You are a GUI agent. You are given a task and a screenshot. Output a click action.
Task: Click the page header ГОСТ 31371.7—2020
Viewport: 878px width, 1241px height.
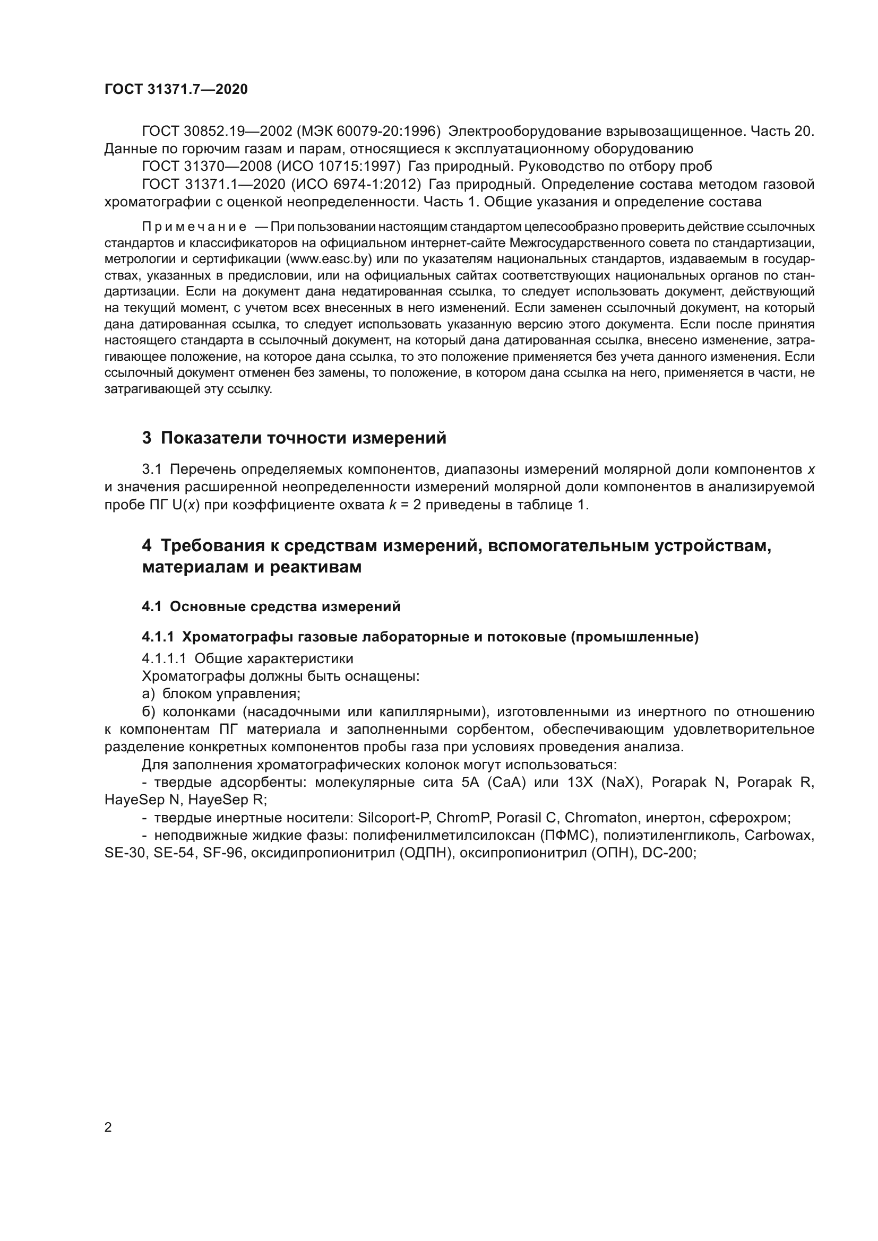click(176, 90)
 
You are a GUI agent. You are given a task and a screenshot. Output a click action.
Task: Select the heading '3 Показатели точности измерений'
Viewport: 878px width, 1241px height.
click(294, 438)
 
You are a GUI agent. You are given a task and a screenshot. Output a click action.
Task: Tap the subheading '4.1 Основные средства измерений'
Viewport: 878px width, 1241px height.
click(271, 606)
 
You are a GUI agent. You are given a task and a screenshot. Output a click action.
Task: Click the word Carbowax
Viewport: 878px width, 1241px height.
click(779, 835)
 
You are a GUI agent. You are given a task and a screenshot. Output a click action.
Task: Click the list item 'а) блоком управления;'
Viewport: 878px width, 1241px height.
click(221, 693)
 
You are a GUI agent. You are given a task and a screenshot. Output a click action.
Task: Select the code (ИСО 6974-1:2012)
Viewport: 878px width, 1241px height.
click(356, 184)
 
